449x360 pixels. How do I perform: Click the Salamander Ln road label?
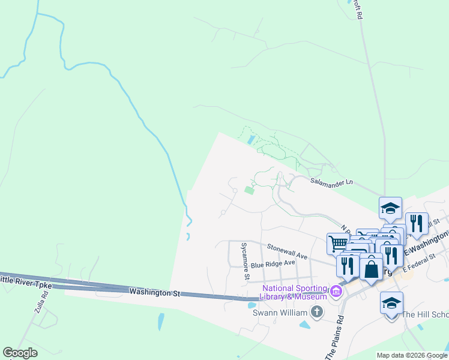pos(331,182)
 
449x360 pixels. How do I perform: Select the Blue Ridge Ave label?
pos(273,263)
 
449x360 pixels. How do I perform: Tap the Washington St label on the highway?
pos(154,292)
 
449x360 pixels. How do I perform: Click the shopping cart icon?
pos(337,244)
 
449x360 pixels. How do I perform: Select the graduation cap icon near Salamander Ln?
pos(390,208)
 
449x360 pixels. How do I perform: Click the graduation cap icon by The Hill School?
pos(391,303)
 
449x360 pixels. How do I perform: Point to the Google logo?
pos(20,353)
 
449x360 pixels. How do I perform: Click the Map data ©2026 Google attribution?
pos(412,355)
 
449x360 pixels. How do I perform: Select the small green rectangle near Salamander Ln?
pos(249,191)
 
